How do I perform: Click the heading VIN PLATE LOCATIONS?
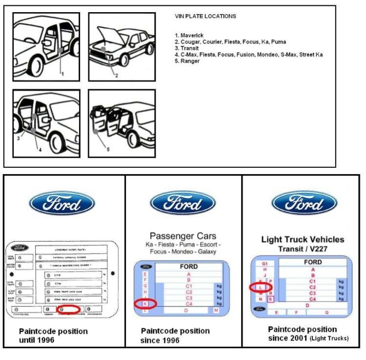pyautogui.click(x=205, y=16)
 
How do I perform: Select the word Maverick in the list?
pyautogui.click(x=192, y=35)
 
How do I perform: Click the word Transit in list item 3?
pyautogui.click(x=190, y=48)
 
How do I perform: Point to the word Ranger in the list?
pyautogui.click(x=190, y=61)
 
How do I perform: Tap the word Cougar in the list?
pyautogui.click(x=190, y=42)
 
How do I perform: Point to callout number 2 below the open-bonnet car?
pyautogui.click(x=116, y=75)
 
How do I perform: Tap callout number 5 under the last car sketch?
pyautogui.click(x=108, y=149)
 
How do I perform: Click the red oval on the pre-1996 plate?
pyautogui.click(x=68, y=309)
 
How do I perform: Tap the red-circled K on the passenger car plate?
pyautogui.click(x=145, y=304)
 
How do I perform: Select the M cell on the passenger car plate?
pyautogui.click(x=216, y=310)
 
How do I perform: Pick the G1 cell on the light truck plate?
pyautogui.click(x=265, y=263)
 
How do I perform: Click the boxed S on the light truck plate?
pyautogui.click(x=270, y=299)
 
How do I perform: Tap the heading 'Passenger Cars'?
pyautogui.click(x=183, y=236)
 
